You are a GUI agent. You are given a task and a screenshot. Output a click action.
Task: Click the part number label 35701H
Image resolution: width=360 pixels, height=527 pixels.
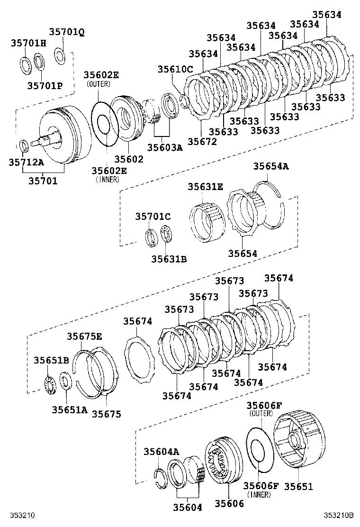(28, 43)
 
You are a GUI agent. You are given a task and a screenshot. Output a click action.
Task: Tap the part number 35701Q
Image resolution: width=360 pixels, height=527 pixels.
(67, 32)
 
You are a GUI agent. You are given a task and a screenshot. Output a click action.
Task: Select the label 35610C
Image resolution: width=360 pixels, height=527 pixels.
(175, 69)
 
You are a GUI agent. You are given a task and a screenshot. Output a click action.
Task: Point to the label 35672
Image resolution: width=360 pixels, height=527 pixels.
(202, 141)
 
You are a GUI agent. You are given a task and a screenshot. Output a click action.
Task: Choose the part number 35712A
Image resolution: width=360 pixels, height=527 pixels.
(26, 163)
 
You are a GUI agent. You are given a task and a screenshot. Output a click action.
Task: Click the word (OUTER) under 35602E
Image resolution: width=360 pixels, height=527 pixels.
(98, 84)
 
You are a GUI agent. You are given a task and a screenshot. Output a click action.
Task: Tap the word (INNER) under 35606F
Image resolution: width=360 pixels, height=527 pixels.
(259, 495)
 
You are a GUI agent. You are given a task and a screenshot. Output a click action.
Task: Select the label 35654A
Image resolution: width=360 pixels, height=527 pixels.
(271, 166)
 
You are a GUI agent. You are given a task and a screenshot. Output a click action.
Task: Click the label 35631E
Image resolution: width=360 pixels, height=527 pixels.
(205, 187)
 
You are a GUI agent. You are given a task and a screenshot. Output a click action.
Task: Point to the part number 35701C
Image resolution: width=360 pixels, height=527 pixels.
(153, 217)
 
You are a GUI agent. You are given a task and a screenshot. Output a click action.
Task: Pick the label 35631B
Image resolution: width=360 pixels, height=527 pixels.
(169, 259)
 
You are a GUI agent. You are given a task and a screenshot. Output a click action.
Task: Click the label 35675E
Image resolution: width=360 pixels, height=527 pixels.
(84, 336)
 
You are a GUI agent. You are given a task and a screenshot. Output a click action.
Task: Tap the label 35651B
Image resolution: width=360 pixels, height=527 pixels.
(51, 360)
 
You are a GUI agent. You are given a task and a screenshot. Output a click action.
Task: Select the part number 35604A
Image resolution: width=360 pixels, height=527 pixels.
(161, 452)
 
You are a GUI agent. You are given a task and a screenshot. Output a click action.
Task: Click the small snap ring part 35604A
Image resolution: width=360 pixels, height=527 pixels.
(160, 476)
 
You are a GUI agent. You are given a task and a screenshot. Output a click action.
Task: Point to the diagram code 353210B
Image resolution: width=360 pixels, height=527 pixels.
(339, 515)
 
